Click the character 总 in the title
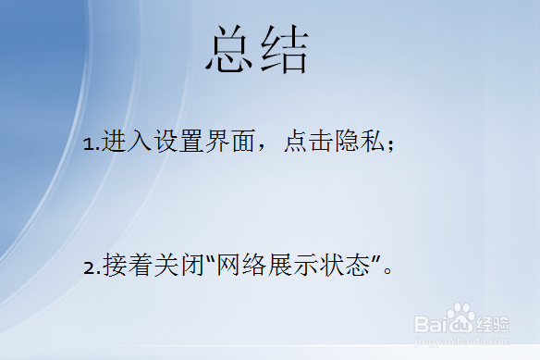pyautogui.click(x=230, y=50)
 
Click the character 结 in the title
pyautogui.click(x=283, y=50)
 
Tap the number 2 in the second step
pyautogui.click(x=89, y=268)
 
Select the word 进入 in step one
pyautogui.click(x=124, y=143)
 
